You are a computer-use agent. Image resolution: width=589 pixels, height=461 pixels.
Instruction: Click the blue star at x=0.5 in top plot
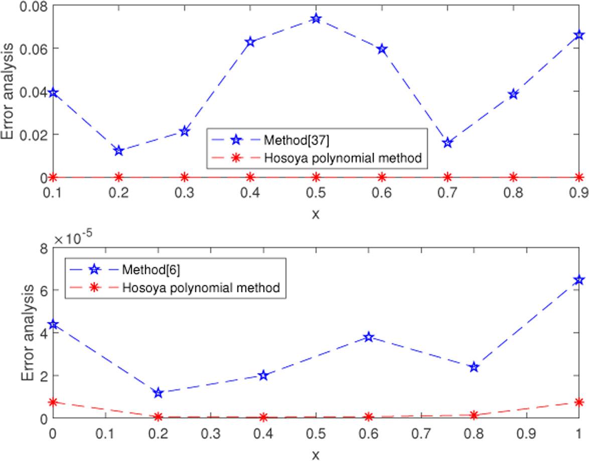coord(316,19)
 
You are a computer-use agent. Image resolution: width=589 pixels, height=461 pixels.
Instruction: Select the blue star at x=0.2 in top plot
coord(119,150)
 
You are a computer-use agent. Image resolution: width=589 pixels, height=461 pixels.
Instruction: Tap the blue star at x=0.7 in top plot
coord(448,143)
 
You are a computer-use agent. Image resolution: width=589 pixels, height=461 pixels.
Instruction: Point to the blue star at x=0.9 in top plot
coord(579,35)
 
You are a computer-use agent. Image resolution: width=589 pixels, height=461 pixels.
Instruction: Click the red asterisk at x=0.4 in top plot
coord(250,177)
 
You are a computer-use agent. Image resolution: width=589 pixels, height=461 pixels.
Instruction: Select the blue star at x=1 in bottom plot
coord(579,280)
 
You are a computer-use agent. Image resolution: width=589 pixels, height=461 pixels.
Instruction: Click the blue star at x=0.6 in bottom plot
coord(369,337)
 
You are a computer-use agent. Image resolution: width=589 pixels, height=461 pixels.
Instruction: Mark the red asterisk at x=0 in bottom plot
coord(53,402)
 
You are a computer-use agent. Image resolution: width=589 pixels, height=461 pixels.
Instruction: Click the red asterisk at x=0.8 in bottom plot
coord(474,415)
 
